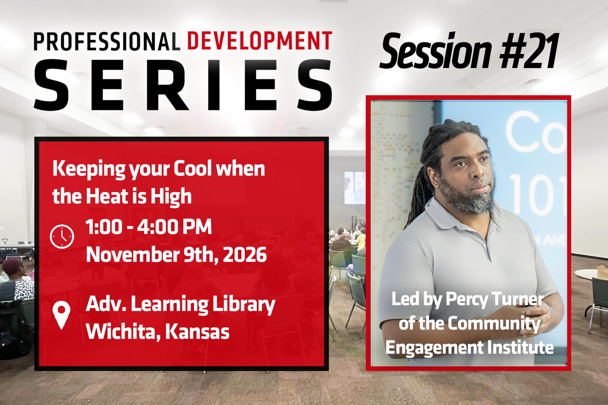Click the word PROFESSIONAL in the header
(107, 41)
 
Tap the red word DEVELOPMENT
(260, 40)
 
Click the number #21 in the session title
(529, 51)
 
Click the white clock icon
(62, 237)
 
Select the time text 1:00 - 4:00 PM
(149, 227)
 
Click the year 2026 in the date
(245, 255)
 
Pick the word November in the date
(133, 255)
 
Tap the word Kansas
(197, 331)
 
